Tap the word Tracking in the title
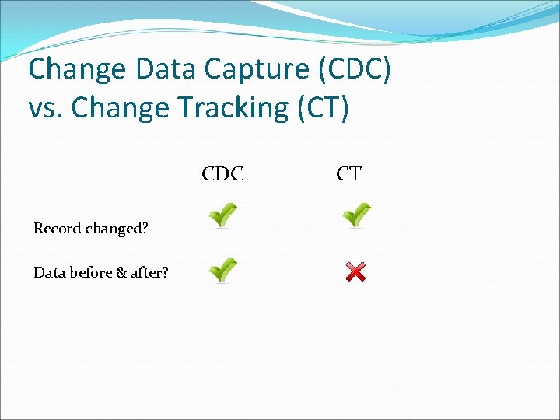click(x=234, y=109)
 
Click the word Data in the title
click(x=167, y=70)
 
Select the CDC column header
click(x=222, y=174)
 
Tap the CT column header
click(x=348, y=174)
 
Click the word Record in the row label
click(x=58, y=229)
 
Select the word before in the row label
click(x=88, y=272)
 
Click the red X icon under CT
click(x=355, y=272)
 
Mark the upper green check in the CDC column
click(x=222, y=215)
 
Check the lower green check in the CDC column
click(x=222, y=270)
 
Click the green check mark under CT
click(x=356, y=215)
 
